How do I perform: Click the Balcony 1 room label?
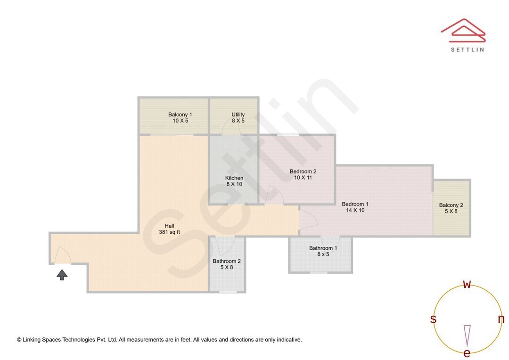coord(180,115)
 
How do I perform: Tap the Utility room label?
coord(238,115)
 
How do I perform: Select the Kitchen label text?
coord(234,178)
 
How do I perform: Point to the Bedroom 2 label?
coord(303,172)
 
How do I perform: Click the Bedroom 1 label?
coord(355,204)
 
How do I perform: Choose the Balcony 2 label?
coord(451,205)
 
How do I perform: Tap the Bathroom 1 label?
coord(323,248)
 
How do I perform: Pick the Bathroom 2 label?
coord(227,261)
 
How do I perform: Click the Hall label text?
coord(169,226)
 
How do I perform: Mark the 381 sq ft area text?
coord(169,232)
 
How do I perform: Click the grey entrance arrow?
coord(62,274)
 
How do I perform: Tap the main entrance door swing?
coord(63,255)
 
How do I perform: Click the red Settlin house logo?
coord(463,30)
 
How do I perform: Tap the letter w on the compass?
coord(467,284)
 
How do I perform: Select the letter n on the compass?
coord(501,319)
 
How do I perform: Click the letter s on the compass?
coord(433,319)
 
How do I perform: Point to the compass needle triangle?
coord(467,335)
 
